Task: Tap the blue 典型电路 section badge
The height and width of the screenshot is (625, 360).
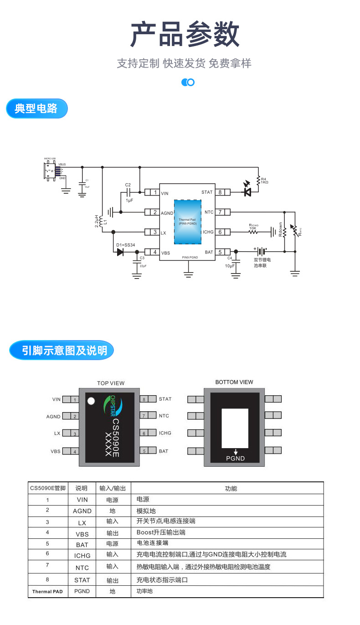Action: point(36,108)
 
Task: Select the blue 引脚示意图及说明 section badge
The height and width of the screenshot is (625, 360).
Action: point(62,350)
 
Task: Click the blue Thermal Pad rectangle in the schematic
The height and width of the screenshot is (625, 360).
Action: point(187,222)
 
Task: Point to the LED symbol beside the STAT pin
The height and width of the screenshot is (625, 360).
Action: point(247,192)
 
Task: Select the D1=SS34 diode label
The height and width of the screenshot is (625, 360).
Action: point(125,245)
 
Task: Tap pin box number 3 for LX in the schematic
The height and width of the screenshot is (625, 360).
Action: point(154,232)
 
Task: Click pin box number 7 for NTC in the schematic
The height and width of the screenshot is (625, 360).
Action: point(220,212)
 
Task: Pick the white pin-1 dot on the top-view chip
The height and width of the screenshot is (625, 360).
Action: point(91,401)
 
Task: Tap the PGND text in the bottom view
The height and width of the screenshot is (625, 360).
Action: point(235,458)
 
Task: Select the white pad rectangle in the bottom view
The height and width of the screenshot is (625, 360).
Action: point(235,428)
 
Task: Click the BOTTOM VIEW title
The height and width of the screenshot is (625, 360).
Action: point(234,382)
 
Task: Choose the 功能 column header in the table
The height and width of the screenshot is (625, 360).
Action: point(231,488)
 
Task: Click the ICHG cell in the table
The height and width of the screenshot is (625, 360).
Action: point(82,555)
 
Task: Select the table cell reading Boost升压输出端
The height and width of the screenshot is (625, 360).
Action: point(161,532)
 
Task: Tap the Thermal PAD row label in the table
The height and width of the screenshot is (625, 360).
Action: point(47,592)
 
